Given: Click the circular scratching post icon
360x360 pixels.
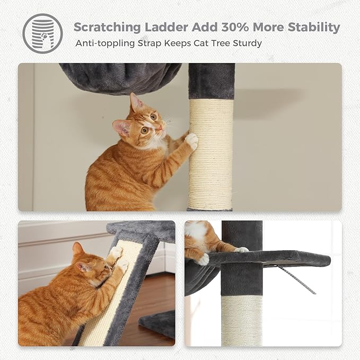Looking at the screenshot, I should point(42,33).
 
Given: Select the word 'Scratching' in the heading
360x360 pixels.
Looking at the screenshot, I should point(109,27).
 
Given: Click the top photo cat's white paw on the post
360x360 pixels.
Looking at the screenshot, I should point(191,141).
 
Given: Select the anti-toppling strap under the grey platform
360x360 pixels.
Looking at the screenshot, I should point(297,278).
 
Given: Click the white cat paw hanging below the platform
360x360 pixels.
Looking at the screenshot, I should point(203,259).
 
